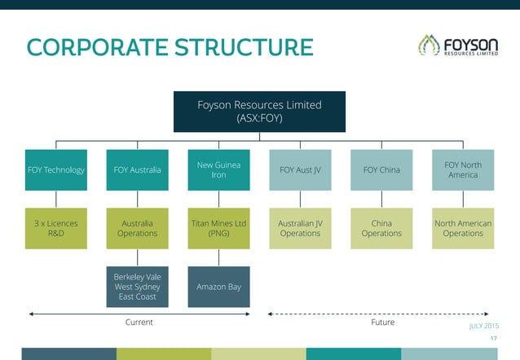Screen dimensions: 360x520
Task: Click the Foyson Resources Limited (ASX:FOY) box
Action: [259, 112]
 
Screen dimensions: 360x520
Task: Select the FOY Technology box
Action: [55, 170]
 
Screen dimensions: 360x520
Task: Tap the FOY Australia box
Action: [137, 170]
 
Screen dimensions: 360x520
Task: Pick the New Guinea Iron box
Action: [218, 170]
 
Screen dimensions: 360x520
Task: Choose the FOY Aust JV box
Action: [300, 170]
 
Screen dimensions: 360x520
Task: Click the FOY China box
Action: [381, 170]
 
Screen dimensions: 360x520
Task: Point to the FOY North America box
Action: [463, 170]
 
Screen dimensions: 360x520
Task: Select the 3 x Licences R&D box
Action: [55, 228]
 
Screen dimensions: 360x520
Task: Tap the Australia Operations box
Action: [137, 228]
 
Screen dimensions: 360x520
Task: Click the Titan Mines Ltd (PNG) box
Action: [218, 228]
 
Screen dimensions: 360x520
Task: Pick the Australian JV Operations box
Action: [300, 228]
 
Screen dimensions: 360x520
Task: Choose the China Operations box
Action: [381, 228]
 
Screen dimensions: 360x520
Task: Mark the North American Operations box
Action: [463, 228]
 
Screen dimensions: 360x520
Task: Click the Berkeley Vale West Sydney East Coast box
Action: [137, 287]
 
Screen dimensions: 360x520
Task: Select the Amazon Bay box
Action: [218, 287]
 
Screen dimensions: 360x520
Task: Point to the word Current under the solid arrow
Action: [139, 323]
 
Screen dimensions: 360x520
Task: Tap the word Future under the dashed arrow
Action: [382, 323]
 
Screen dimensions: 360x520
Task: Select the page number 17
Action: [491, 339]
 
